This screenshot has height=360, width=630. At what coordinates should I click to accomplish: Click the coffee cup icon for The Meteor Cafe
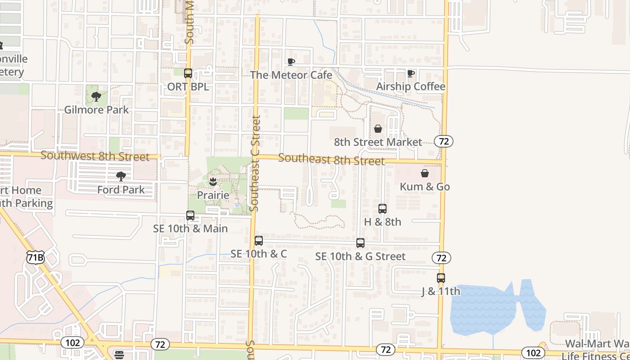pos(291,62)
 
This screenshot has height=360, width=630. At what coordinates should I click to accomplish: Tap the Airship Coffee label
pos(410,86)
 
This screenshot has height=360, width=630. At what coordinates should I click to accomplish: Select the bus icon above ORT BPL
pos(188,73)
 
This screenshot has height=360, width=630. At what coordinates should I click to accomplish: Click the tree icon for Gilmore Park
pos(96,96)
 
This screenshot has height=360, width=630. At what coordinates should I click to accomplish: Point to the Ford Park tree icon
pos(121,176)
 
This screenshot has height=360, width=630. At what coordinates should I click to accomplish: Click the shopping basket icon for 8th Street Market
pos(378,129)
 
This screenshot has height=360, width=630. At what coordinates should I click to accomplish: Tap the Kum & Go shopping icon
pos(424,173)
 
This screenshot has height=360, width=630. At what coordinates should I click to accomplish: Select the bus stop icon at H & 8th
pos(382,209)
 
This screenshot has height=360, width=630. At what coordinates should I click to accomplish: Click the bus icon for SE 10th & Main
pos(190,216)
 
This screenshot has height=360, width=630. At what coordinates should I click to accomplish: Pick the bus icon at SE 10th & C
pos(259,241)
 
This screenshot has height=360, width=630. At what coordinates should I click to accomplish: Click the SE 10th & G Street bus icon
pos(360,243)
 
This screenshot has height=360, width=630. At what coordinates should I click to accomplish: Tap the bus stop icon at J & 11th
pos(441,278)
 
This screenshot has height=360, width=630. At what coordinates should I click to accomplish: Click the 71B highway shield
pos(35,257)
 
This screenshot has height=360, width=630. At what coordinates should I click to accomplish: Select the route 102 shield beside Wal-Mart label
pos(533,352)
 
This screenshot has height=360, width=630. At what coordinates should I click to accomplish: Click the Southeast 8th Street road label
pos(331,159)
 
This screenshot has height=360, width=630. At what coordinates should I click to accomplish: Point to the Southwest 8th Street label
pos(94,156)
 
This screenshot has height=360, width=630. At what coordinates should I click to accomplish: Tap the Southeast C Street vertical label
pos(255,163)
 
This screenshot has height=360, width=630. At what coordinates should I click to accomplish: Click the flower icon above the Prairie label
pos(213,182)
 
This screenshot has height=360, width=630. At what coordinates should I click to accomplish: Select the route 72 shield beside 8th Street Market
pos(444,141)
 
